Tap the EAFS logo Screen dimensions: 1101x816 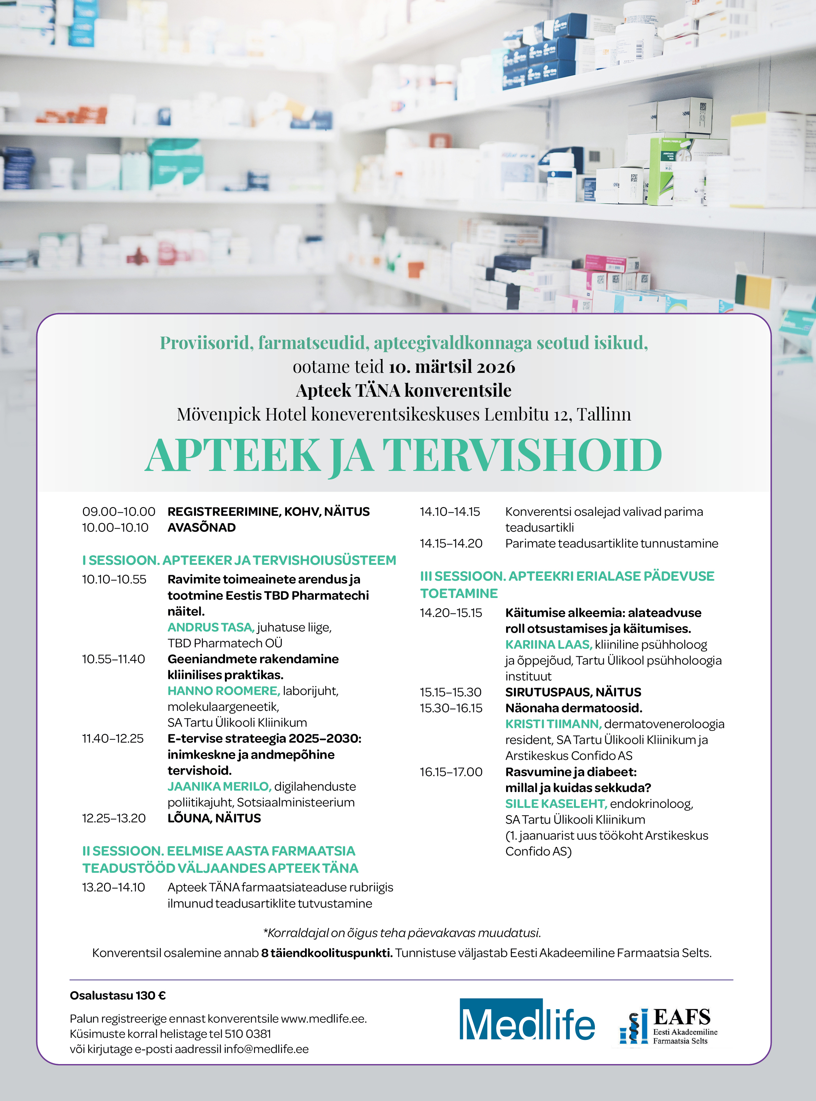[x=668, y=1026]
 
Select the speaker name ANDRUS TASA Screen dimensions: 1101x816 [x=210, y=627]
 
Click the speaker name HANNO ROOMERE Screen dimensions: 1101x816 [x=223, y=691]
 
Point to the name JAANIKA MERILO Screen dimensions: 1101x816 [x=219, y=786]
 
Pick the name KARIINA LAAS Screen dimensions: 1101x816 [x=548, y=645]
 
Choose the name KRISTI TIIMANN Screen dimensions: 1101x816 [x=553, y=724]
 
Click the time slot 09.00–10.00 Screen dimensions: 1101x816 [x=118, y=512]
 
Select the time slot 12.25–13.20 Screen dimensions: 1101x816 [x=114, y=818]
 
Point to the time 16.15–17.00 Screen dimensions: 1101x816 [x=450, y=772]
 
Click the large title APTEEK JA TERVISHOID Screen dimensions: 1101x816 [x=404, y=455]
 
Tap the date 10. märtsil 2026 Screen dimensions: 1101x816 [x=452, y=367]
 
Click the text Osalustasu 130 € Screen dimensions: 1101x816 [x=117, y=995]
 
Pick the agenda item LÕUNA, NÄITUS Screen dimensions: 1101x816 [x=214, y=818]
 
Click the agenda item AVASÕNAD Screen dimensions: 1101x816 [x=201, y=528]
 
